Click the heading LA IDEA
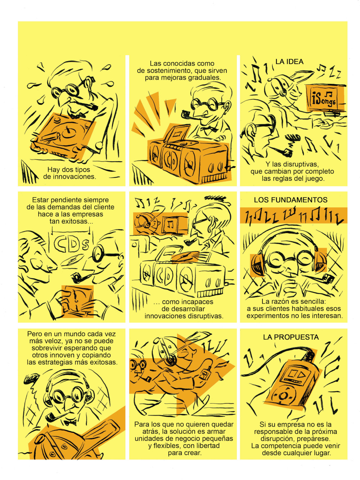289,62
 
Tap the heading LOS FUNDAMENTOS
291,200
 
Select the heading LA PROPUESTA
291,337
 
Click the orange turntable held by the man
63,136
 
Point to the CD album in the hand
78,301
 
